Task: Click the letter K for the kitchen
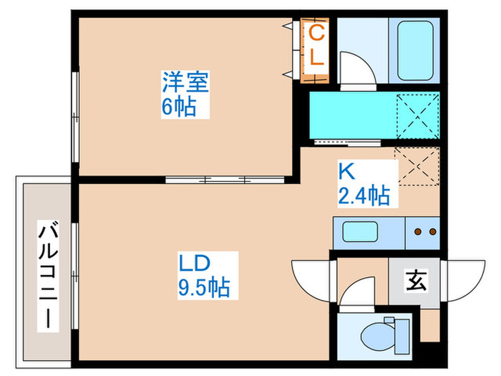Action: [x=345, y=172]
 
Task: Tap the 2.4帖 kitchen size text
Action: [x=364, y=195]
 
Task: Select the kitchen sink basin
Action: [x=364, y=232]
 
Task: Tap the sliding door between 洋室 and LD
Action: [x=206, y=179]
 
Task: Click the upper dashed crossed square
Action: [x=417, y=115]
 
